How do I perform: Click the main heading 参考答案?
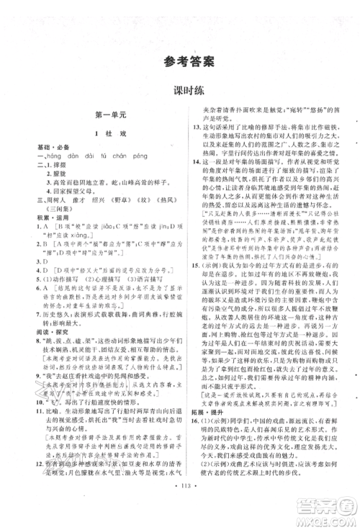(179, 61)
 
